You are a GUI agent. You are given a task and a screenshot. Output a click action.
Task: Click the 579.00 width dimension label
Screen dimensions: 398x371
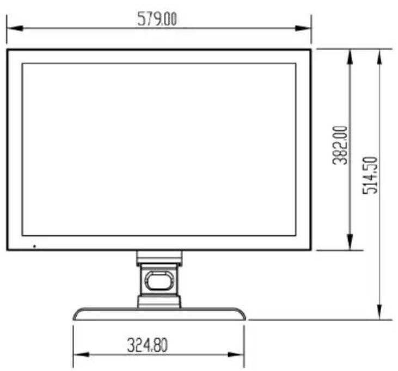tap(157, 19)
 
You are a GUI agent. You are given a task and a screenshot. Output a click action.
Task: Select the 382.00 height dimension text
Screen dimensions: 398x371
tap(340, 145)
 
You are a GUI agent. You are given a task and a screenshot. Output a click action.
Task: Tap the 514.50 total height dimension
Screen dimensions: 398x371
tap(370, 175)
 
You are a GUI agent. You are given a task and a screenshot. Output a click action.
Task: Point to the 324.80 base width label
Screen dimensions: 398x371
tap(148, 345)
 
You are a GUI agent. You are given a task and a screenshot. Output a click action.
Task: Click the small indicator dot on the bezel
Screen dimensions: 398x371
tap(34, 246)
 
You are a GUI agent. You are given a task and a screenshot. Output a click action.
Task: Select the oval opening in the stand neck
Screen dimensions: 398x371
tap(159, 281)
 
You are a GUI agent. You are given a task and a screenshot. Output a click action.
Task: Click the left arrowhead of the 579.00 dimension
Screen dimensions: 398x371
tap(15, 28)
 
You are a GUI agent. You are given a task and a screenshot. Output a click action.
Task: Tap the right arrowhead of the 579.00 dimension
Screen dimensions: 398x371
tap(303, 28)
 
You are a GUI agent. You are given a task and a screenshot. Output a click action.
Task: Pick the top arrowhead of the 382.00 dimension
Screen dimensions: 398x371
tap(350, 57)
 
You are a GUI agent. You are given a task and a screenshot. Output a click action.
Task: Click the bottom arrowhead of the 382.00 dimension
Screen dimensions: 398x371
tap(350, 242)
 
